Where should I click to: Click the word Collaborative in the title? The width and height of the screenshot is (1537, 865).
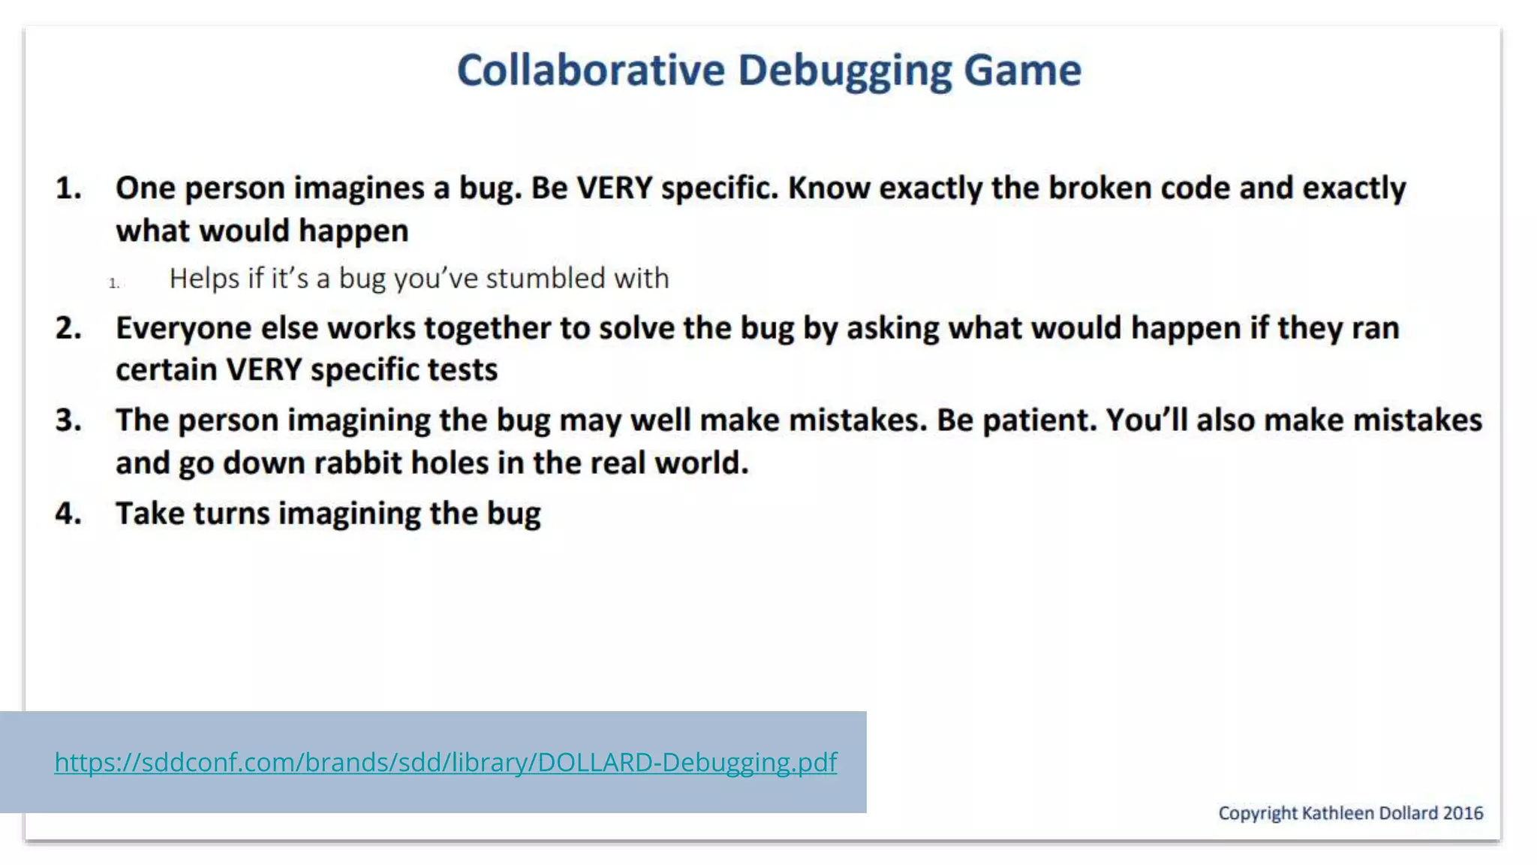[591, 71]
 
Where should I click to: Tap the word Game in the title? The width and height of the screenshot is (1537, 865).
[1022, 71]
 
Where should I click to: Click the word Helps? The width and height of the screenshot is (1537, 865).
[204, 279]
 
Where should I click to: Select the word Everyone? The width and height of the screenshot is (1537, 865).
[184, 329]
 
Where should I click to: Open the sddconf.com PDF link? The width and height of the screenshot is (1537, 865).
[445, 762]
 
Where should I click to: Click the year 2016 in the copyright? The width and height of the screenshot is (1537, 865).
[1463, 813]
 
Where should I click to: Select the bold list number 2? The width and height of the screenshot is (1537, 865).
[68, 329]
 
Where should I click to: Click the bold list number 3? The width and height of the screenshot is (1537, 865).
[68, 420]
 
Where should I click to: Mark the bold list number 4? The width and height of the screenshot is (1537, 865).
[68, 514]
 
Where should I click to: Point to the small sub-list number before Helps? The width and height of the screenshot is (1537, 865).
[114, 283]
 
